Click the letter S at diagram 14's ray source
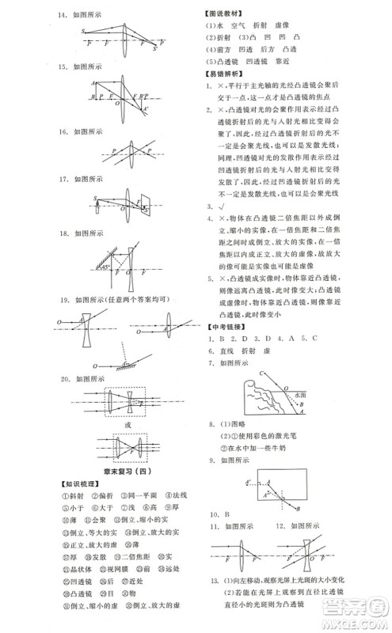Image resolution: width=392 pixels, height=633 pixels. [82, 32]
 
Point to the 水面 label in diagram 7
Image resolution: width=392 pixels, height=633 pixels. [301, 392]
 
